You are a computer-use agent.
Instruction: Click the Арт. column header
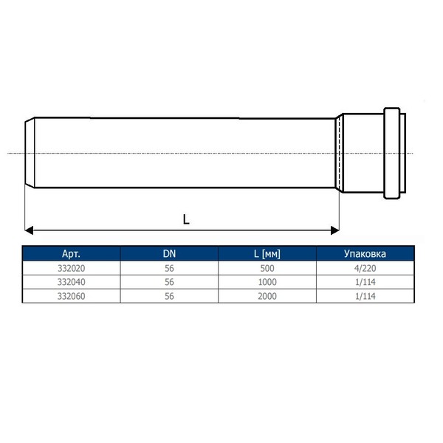coord(71,254)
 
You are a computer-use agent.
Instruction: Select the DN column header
coord(169,254)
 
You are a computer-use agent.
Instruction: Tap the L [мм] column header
coord(267,254)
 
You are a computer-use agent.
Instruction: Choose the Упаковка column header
coord(365,254)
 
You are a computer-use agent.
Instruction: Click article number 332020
coord(71,268)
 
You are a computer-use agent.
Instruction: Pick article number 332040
coord(71,282)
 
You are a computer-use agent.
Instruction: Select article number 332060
coord(71,296)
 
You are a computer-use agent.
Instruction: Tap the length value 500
coord(267,268)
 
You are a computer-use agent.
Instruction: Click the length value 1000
coord(267,282)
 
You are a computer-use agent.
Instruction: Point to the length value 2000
coord(267,296)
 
